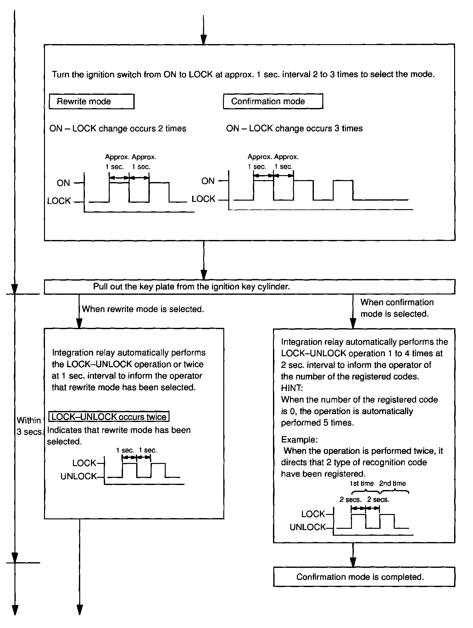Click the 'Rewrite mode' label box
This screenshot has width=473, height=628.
click(x=92, y=101)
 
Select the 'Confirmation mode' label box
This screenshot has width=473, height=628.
click(x=273, y=101)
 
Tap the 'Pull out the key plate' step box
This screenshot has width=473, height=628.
click(x=249, y=287)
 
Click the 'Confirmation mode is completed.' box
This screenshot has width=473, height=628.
click(x=364, y=577)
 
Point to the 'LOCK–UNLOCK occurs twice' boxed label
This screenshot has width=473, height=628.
click(x=109, y=417)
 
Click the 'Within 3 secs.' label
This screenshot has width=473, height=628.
click(x=29, y=426)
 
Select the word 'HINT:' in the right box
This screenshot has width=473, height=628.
click(x=292, y=388)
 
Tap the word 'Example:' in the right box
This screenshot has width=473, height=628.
click(x=299, y=440)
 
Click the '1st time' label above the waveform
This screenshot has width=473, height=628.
click(x=362, y=483)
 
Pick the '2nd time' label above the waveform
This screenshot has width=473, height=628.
click(x=392, y=483)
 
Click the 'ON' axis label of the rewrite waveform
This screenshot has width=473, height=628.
click(x=63, y=183)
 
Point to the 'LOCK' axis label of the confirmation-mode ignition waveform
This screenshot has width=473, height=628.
click(x=203, y=199)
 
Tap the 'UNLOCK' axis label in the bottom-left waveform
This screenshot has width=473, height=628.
click(x=79, y=477)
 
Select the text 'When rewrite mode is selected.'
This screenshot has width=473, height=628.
click(x=143, y=309)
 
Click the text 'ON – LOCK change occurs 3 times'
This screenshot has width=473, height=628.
click(x=294, y=128)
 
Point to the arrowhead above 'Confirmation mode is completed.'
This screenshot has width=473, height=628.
click(x=353, y=562)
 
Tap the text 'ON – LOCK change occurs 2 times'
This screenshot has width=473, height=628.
click(x=118, y=128)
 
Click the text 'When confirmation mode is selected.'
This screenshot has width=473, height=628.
click(x=397, y=308)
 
